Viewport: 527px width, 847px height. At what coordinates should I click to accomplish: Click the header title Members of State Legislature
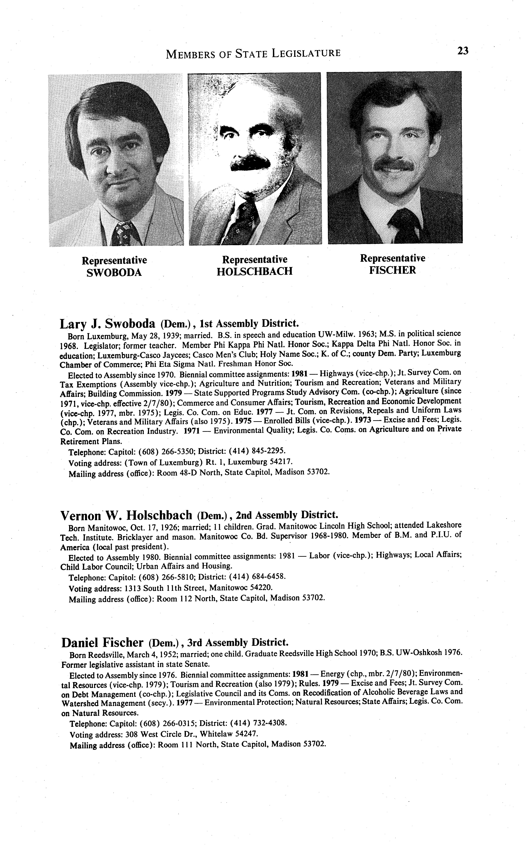(x=253, y=53)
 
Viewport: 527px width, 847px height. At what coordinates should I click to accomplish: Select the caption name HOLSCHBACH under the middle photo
(x=254, y=271)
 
